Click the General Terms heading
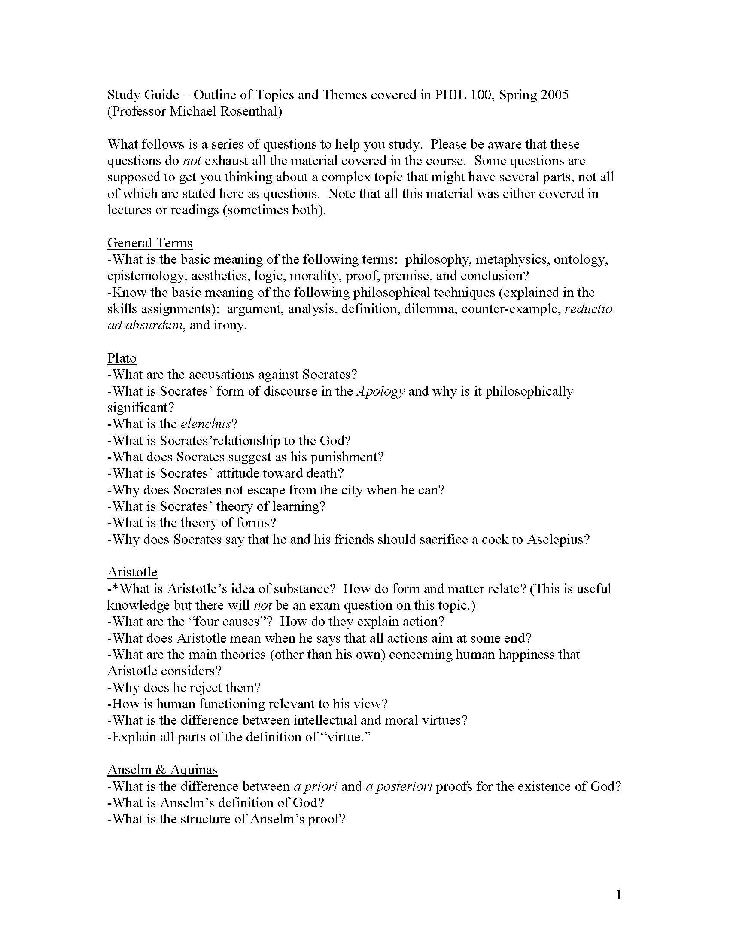[149, 243]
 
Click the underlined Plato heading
[122, 358]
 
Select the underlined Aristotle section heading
[132, 572]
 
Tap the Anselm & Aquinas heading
[162, 770]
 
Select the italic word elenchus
[205, 424]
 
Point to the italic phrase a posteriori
[399, 786]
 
